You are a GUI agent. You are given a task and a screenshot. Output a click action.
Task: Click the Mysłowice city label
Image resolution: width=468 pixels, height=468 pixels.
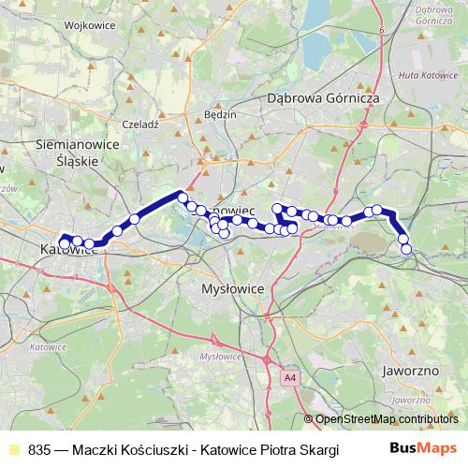tap(234, 290)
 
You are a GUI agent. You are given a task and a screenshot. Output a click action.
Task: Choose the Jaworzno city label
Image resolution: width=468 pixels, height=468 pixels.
tap(411, 371)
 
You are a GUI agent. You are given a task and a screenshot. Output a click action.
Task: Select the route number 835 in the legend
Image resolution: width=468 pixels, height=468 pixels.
tap(39, 449)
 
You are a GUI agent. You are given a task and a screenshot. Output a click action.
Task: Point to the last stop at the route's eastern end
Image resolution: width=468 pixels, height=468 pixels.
tap(406, 249)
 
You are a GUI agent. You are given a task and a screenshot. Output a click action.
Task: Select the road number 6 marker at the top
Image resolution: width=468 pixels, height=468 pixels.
tap(383, 32)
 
